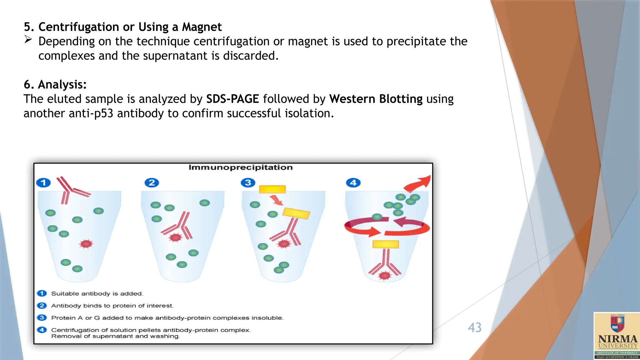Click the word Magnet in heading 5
coord(202,27)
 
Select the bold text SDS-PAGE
coord(232,99)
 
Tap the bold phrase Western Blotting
coord(376,99)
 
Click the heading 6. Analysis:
coord(55,85)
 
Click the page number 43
coord(474,327)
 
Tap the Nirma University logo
coord(617,336)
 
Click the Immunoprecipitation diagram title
coord(240,167)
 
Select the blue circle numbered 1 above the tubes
coord(43,182)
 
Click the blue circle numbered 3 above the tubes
coord(248,182)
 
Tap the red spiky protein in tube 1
coord(86,244)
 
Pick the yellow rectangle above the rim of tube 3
coord(272,189)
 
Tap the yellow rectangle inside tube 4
coord(386,244)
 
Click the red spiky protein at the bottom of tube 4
coord(384,276)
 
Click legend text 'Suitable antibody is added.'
coord(97,294)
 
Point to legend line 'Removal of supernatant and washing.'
coord(116,337)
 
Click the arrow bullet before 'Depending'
coord(28,39)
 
